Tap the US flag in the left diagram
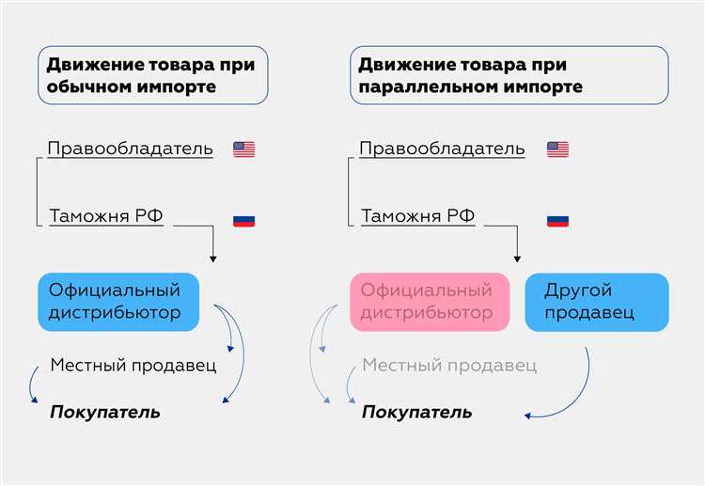pos(244,149)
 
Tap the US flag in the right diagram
pos(557,149)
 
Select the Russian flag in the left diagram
pos(244,221)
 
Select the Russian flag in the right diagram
pos(557,221)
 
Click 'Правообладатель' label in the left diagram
pos(130,149)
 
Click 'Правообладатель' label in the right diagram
pos(442,149)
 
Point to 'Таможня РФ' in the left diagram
pos(106,216)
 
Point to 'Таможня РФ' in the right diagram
pos(418,216)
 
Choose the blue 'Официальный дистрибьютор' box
pos(119,302)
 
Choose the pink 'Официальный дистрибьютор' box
pos(430,302)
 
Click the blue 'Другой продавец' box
pos(596,302)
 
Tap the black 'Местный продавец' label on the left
pos(133,365)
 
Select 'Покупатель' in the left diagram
pos(105,412)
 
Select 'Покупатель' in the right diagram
pos(417,412)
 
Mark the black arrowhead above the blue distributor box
pos(212,258)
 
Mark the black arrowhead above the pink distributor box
pos(516,258)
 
